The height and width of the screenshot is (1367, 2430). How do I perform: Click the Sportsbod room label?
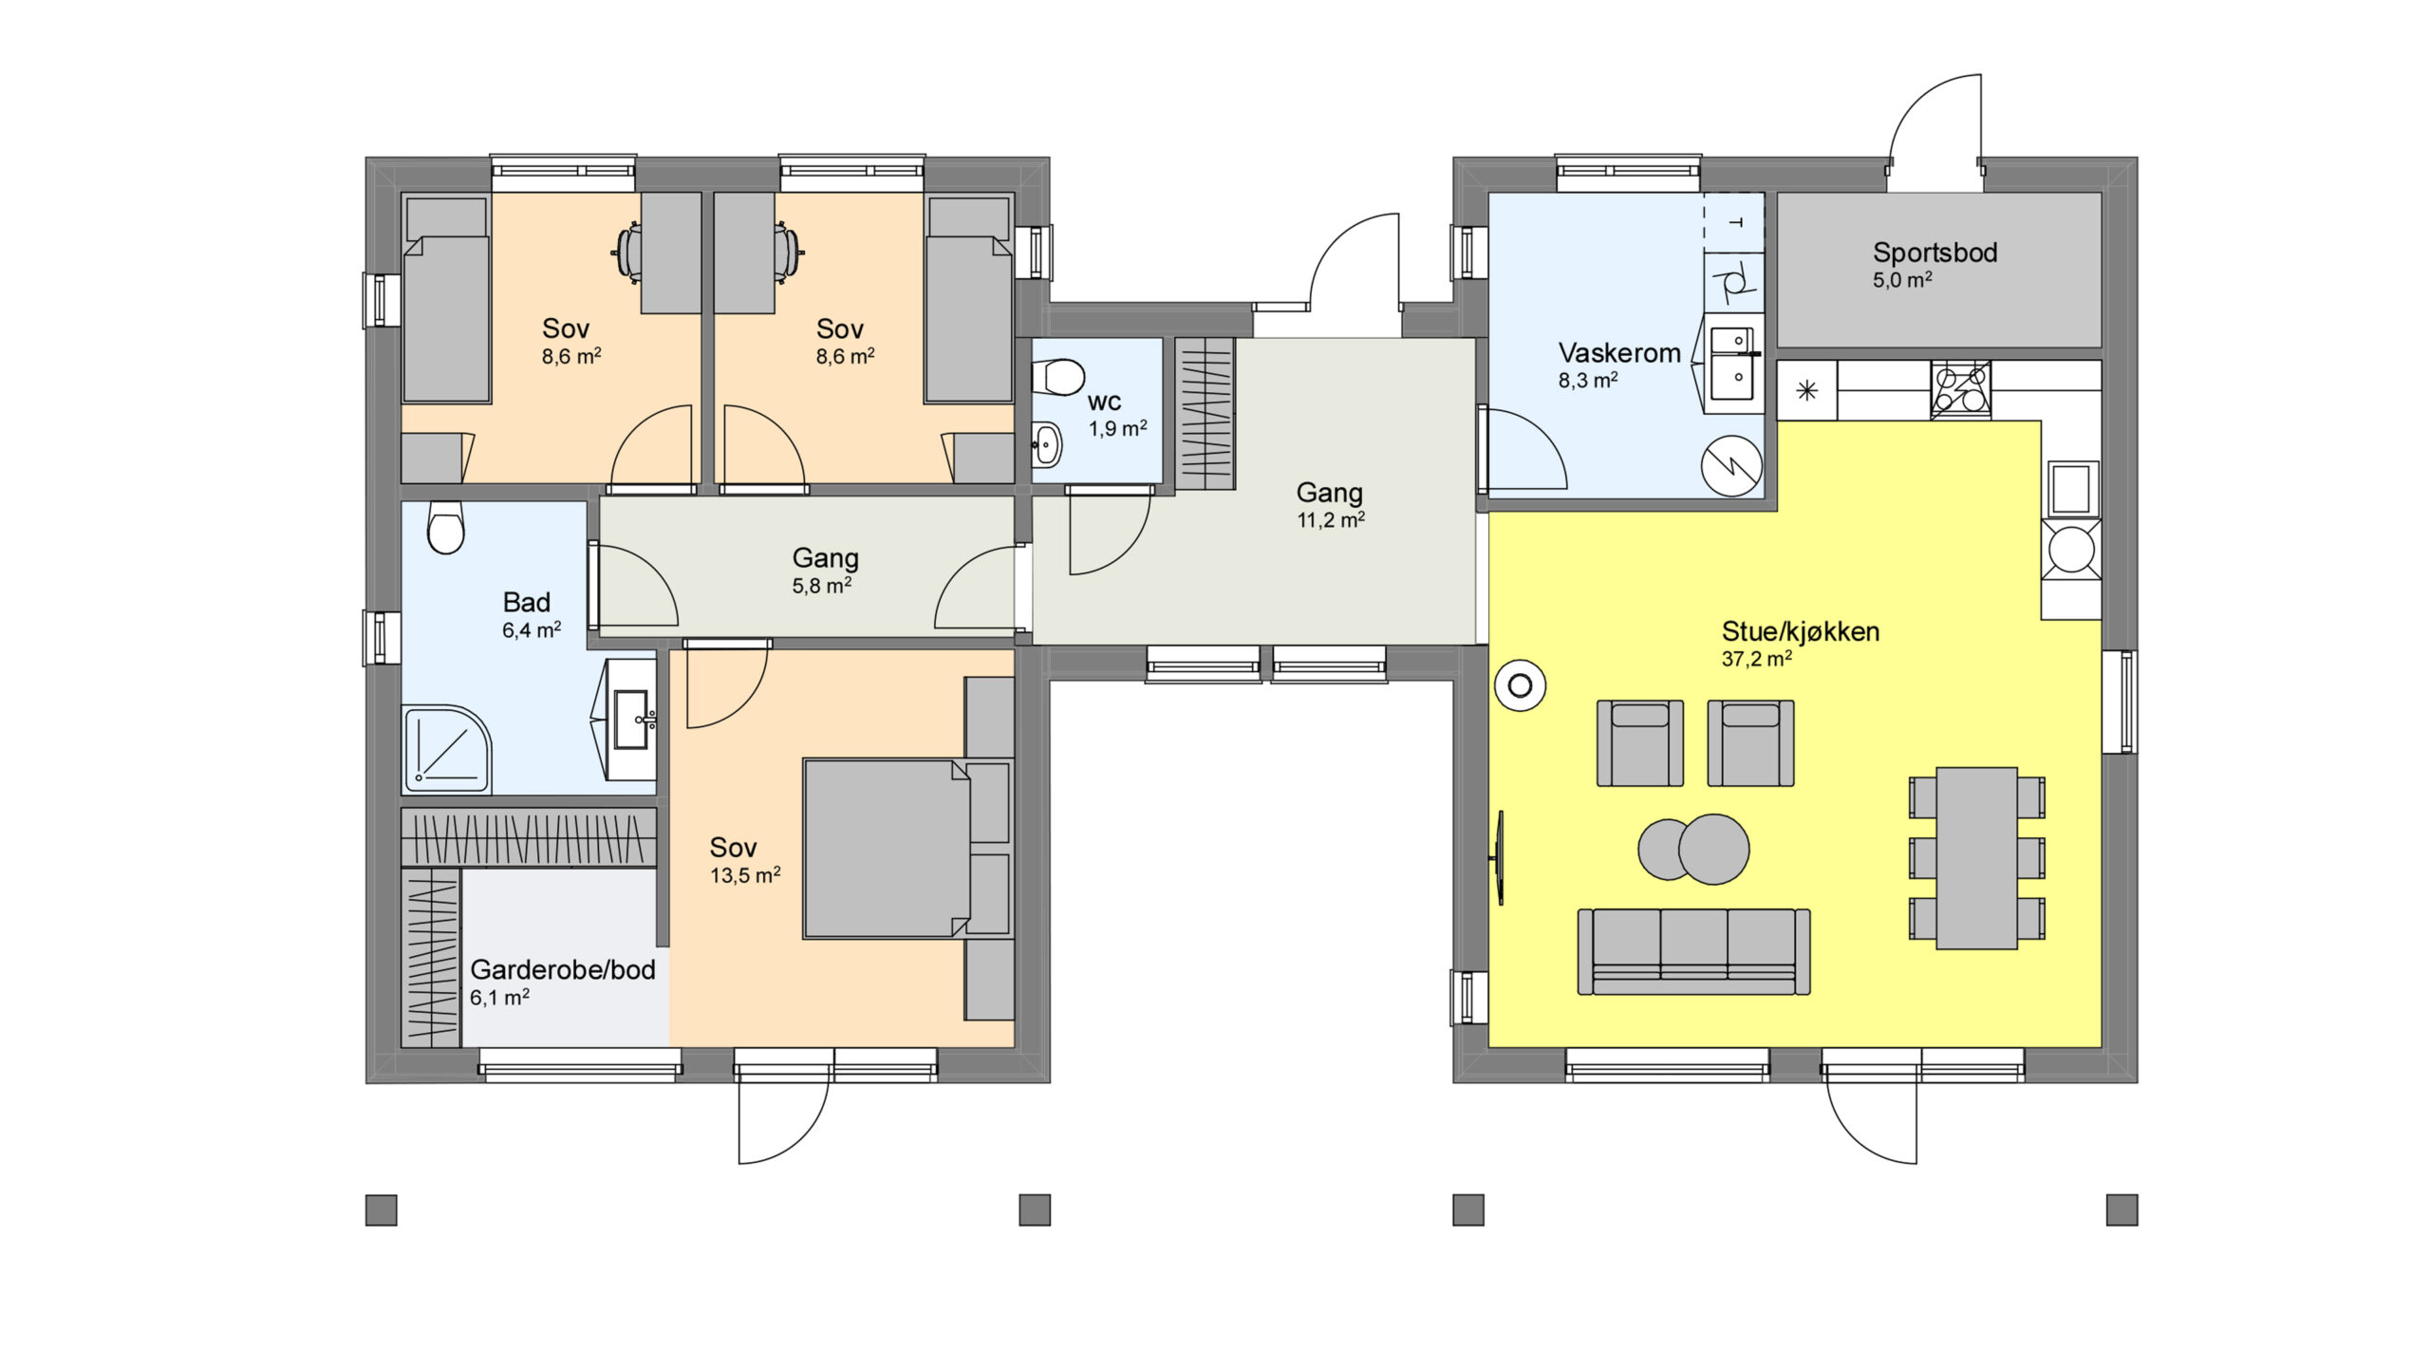tap(1935, 253)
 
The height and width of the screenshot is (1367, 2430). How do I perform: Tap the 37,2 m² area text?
tap(1756, 659)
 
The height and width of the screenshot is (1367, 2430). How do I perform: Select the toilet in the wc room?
tap(1057, 377)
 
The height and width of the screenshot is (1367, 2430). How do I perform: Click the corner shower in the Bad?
tap(446, 748)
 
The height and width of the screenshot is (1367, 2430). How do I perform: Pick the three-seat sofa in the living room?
tap(1693, 951)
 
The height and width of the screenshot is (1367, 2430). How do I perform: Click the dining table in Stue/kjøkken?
tap(1977, 858)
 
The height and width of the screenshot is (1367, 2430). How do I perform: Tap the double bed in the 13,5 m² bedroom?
tap(887, 849)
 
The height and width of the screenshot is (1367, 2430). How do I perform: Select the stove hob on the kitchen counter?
tap(1960, 389)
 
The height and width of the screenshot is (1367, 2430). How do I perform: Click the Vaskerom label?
tap(1619, 353)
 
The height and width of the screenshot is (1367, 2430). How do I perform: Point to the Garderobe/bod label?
tap(563, 970)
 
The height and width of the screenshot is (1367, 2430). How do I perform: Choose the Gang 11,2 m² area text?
tap(1331, 520)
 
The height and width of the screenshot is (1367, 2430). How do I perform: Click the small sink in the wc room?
tap(1045, 442)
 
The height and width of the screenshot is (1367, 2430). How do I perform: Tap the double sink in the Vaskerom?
tap(1733, 365)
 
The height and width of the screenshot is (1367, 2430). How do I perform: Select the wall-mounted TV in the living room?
tap(1500, 858)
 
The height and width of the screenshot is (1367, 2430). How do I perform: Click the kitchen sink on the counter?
tap(2071, 488)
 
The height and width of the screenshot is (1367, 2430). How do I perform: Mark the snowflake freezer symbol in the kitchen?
tap(1807, 390)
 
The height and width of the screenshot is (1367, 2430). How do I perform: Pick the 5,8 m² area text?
tap(821, 586)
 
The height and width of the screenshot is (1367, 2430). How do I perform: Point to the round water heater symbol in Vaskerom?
tap(1731, 466)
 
